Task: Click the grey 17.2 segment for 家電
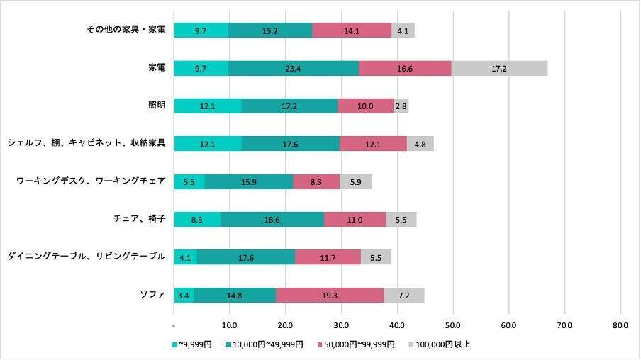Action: pyautogui.click(x=499, y=68)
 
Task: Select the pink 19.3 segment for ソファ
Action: pyautogui.click(x=330, y=296)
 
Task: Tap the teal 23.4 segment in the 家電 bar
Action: pyautogui.click(x=294, y=68)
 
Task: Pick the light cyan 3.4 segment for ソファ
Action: pyautogui.click(x=184, y=296)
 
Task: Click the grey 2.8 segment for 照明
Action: pyautogui.click(x=401, y=106)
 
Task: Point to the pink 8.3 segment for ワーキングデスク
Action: pyautogui.click(x=316, y=181)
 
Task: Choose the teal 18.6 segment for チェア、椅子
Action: pyautogui.click(x=272, y=220)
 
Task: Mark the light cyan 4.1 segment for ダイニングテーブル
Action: pyautogui.click(x=185, y=257)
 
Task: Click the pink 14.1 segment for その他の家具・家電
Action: pyautogui.click(x=352, y=30)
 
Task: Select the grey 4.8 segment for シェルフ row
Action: pyautogui.click(x=420, y=144)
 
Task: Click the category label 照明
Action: pyautogui.click(x=157, y=106)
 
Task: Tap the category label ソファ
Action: pyautogui.click(x=154, y=296)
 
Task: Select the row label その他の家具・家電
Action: pyautogui.click(x=125, y=30)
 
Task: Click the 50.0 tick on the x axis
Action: pyautogui.click(x=453, y=326)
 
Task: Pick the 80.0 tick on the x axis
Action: pyautogui.click(x=620, y=326)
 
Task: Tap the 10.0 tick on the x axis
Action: pyautogui.click(x=229, y=326)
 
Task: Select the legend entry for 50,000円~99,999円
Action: pyautogui.click(x=359, y=345)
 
